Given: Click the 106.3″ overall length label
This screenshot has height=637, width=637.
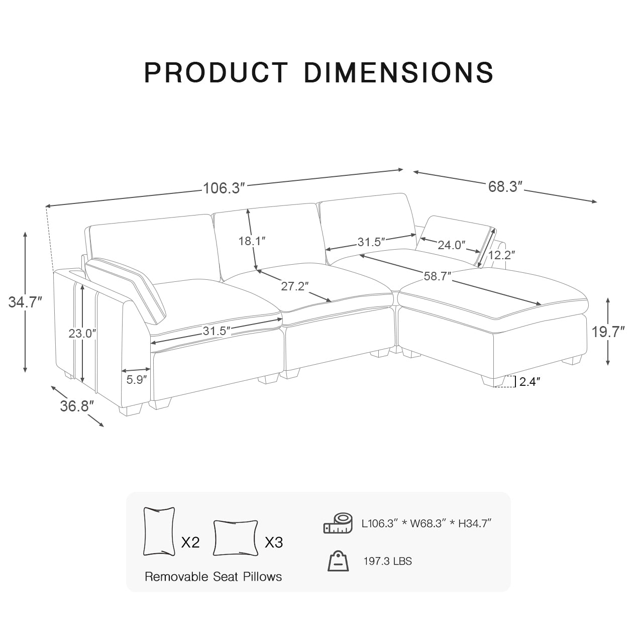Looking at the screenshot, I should coord(224,188).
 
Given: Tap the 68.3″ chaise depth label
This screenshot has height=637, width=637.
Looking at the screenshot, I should coord(505,187).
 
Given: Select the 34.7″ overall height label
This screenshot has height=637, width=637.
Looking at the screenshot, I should coord(25,302).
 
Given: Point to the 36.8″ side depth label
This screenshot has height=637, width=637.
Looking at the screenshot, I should coord(77,406).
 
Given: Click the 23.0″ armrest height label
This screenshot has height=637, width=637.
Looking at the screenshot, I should coord(82,333).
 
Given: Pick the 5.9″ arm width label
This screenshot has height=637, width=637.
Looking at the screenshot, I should coord(137,380).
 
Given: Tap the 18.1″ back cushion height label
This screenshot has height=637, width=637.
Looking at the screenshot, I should coord(252,241).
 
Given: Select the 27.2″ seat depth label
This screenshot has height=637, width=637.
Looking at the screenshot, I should coord(294,286).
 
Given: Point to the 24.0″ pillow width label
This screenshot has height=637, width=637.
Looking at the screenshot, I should coord(451,245).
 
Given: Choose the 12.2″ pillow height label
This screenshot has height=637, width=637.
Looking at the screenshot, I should coord(501,255).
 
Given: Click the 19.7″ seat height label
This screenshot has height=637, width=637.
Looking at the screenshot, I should coord(608,332).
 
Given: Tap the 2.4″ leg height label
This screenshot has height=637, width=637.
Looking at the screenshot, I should coord(529,382).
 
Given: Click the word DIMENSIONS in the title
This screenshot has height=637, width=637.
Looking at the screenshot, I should coord(398,73).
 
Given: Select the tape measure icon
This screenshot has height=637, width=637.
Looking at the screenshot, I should coord(338,523).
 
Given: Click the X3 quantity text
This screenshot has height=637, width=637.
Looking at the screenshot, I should coord(274,543).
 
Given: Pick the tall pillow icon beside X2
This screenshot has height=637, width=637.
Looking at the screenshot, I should coord(159,532).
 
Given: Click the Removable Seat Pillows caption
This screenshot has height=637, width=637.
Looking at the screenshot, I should coord(213,577).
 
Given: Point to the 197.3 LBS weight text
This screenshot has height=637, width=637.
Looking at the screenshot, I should coord(387,561).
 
